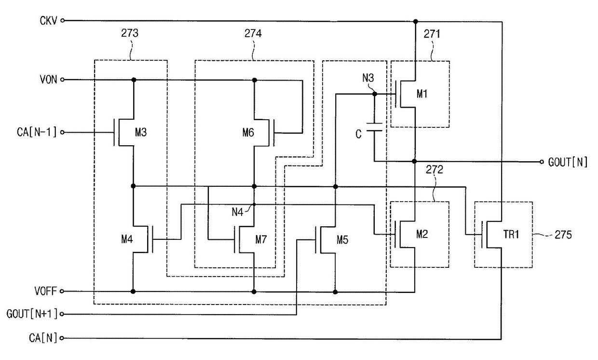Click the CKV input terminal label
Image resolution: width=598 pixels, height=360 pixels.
click(48, 21)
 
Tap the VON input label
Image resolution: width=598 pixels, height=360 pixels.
click(48, 80)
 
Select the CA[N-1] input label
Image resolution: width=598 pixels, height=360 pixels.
click(37, 132)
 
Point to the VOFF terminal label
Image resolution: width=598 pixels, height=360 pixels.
click(46, 291)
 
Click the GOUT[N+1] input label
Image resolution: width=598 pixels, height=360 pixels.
click(32, 314)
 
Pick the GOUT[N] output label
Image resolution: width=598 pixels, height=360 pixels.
click(568, 162)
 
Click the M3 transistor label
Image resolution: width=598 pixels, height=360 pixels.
click(141, 132)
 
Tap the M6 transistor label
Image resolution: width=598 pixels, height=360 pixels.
click(248, 133)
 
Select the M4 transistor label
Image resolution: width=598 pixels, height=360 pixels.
click(127, 239)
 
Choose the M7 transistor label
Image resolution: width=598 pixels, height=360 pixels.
click(261, 239)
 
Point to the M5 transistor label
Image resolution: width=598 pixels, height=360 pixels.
click(342, 240)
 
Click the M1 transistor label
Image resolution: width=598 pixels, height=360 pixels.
click(422, 94)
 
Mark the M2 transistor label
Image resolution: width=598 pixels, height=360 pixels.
click(422, 234)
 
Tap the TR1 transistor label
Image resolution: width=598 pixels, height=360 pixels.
click(511, 235)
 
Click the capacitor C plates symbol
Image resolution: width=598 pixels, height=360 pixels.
click(374, 127)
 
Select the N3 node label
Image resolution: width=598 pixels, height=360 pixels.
click(368, 78)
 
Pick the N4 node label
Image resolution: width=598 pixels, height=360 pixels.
click(237, 212)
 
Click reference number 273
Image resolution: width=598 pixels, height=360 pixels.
click(130, 33)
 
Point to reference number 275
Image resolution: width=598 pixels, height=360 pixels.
click(563, 235)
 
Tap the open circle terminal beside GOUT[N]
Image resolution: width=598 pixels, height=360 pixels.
click(542, 162)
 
